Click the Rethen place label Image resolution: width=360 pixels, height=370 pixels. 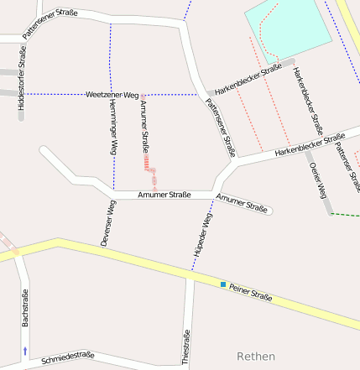pos(256,357)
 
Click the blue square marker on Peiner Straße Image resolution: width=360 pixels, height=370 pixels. pos(223,284)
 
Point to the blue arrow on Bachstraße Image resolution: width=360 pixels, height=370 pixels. pos(24,350)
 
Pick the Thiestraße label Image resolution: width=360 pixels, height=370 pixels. pos(185,347)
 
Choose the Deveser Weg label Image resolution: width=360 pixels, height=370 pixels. pos(107,222)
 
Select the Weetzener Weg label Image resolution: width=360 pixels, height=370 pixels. pos(112,96)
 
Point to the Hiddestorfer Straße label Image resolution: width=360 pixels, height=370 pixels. pos(21,82)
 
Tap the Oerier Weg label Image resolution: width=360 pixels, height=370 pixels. pos(318,180)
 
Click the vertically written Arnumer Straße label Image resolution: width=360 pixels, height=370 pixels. pos(144,123)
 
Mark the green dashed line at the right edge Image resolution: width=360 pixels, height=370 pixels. pos(343,215)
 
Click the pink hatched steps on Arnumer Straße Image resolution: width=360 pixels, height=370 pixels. pos(148,162)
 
